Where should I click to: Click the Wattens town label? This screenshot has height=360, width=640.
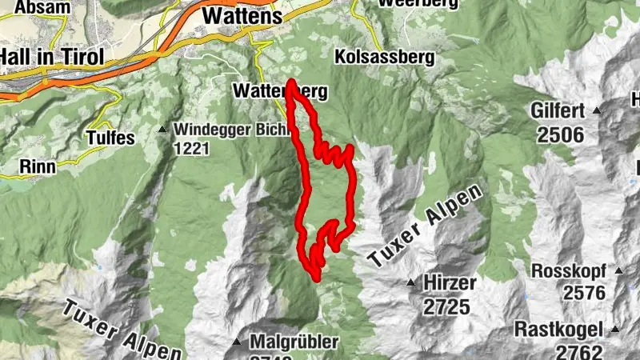[242, 16]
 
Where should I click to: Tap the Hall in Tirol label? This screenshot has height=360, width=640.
[50, 58]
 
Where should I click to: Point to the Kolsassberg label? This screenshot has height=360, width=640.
[385, 58]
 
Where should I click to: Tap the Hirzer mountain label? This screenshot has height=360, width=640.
[451, 282]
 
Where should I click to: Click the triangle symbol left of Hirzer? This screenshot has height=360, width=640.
[410, 282]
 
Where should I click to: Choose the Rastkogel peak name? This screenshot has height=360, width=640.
[559, 329]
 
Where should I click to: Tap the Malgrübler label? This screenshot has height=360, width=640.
[294, 342]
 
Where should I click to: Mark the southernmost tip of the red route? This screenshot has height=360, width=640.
[316, 278]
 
